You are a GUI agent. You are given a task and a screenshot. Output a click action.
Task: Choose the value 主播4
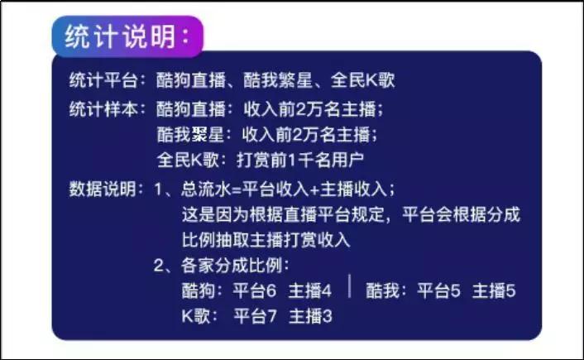tap(310, 291)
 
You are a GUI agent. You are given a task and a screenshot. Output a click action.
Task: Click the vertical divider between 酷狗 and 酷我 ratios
tap(350, 287)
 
